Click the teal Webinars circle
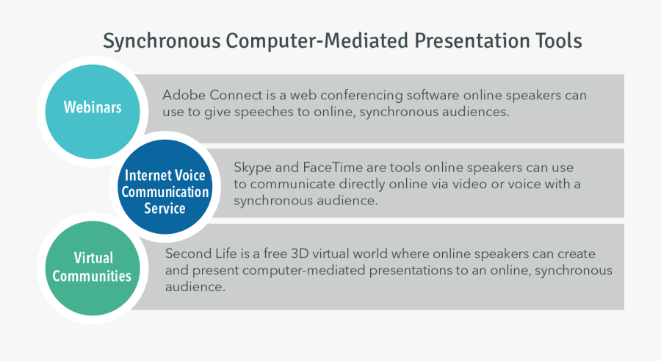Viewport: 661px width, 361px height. coord(93,112)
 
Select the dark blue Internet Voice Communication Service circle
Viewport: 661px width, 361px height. coord(165,187)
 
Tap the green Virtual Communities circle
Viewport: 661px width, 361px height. coord(93,268)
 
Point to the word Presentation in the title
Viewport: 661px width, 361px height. coord(472,41)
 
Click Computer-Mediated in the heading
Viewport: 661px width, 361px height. coord(317,41)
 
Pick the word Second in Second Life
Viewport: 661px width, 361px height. coord(187,254)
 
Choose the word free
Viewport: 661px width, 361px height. coord(275,254)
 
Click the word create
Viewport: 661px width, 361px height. coord(577,254)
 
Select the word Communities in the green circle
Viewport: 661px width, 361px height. coord(92,276)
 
